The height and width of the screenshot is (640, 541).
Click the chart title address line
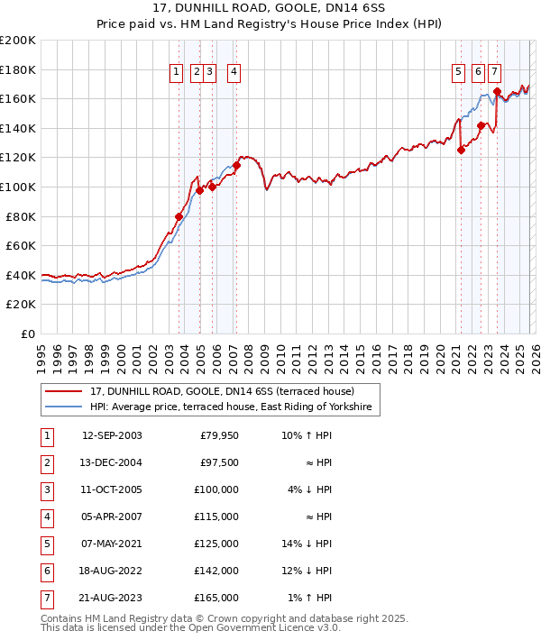pos(270,8)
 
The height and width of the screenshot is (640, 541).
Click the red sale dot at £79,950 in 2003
pos(179,216)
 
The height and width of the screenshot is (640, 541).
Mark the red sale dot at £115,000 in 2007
pos(236,165)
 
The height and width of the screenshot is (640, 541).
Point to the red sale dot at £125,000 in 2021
pos(461,151)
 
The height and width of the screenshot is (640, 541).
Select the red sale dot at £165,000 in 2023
pos(497,91)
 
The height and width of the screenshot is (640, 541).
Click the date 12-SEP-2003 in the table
pos(112,435)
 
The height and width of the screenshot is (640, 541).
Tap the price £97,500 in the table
pos(219,462)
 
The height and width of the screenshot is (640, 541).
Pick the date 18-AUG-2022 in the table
pos(112,571)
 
